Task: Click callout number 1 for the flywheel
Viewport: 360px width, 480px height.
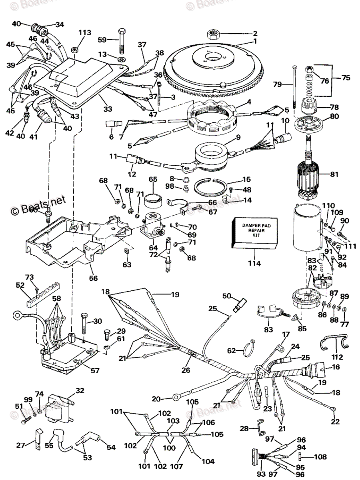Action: [255, 41]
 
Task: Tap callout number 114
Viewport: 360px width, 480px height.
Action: [254, 264]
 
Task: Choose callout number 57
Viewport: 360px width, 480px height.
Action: [95, 371]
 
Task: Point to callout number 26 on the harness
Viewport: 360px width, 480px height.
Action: [186, 370]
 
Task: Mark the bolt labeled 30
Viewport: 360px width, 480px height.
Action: [84, 322]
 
